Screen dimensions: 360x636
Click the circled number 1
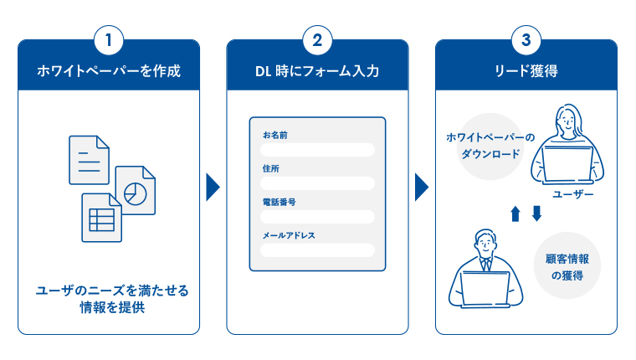tap(108, 39)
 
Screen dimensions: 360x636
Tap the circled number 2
tap(317, 39)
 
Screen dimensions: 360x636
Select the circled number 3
tap(525, 39)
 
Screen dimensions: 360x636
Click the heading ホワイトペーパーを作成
tap(108, 71)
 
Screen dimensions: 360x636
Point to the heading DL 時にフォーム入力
tap(317, 71)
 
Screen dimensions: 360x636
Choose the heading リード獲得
tap(526, 71)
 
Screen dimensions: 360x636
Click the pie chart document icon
tap(135, 190)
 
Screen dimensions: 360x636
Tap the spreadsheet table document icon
tap(101, 218)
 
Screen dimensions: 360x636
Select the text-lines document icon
tap(89, 159)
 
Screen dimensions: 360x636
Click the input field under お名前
tap(317, 150)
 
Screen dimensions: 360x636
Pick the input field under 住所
tap(317, 183)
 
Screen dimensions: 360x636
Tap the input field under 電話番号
tap(317, 217)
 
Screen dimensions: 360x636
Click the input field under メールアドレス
tap(317, 249)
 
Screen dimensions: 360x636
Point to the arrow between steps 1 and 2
tap(213, 187)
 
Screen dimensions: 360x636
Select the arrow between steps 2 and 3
tap(421, 187)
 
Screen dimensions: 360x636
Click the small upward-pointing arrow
tap(515, 214)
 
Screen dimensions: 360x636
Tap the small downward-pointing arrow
tap(536, 214)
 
